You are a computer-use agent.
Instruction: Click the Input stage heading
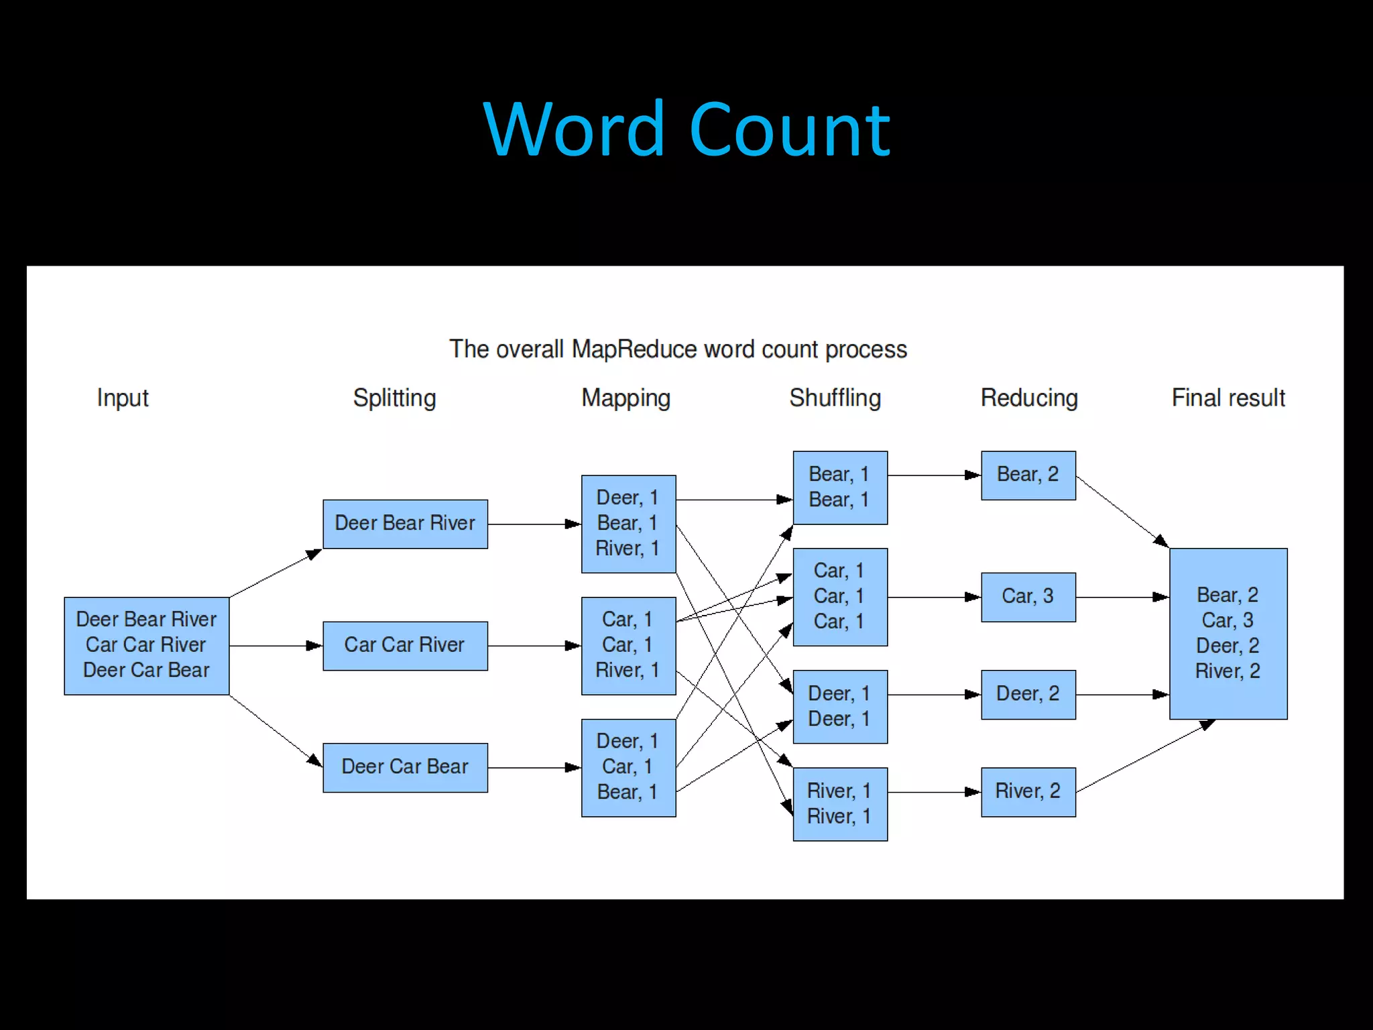(x=122, y=398)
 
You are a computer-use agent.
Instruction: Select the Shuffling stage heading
(x=835, y=398)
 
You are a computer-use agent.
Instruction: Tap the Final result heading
(x=1228, y=398)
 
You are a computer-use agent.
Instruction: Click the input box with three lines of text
(x=146, y=645)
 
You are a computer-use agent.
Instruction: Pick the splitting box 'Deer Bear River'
(x=405, y=524)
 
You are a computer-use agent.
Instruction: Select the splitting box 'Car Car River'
(x=405, y=645)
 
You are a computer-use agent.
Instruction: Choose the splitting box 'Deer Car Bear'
(x=405, y=767)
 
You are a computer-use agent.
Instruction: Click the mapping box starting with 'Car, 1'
(x=628, y=645)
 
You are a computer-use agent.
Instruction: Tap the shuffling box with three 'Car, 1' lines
(x=839, y=597)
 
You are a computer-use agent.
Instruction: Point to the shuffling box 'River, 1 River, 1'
(x=839, y=803)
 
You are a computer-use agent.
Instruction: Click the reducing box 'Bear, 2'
(x=1028, y=475)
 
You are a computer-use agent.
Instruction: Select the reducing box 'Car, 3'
(x=1028, y=597)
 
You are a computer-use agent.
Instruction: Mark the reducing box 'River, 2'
(x=1028, y=791)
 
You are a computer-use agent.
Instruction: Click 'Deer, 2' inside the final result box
(x=1228, y=646)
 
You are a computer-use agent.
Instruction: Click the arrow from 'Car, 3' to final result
(x=1123, y=597)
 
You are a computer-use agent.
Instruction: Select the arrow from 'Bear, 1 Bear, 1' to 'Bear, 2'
(x=934, y=475)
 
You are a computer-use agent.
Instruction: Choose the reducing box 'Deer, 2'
(x=1028, y=694)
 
